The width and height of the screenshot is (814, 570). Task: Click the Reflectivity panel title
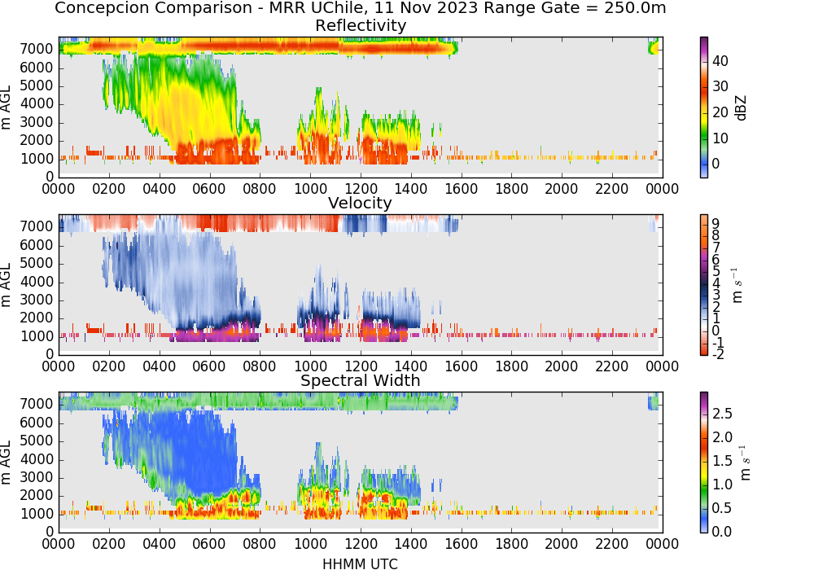(361, 25)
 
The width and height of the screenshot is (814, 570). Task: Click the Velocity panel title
(360, 203)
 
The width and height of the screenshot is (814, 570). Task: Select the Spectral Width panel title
(361, 380)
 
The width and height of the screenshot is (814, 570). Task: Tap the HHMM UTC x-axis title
(360, 564)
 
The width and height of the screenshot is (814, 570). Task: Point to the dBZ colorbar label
(741, 107)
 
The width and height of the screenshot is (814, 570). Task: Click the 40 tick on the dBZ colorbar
(720, 61)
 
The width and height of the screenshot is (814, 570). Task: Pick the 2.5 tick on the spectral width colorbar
(722, 414)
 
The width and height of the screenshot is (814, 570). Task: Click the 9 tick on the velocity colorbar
(716, 224)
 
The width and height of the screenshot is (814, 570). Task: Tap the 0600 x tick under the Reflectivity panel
(209, 189)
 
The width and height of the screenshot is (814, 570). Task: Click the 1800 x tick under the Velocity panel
(511, 366)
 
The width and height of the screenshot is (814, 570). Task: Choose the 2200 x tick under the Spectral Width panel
(611, 544)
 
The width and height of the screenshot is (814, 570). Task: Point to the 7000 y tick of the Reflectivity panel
(37, 50)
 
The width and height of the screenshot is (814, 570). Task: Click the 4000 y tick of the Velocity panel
(37, 282)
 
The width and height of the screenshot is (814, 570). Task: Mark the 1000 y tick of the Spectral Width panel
(37, 514)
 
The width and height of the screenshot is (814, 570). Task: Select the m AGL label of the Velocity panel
(6, 285)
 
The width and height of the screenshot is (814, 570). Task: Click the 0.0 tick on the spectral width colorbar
(722, 532)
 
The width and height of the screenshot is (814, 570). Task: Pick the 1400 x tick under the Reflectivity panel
(410, 189)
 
